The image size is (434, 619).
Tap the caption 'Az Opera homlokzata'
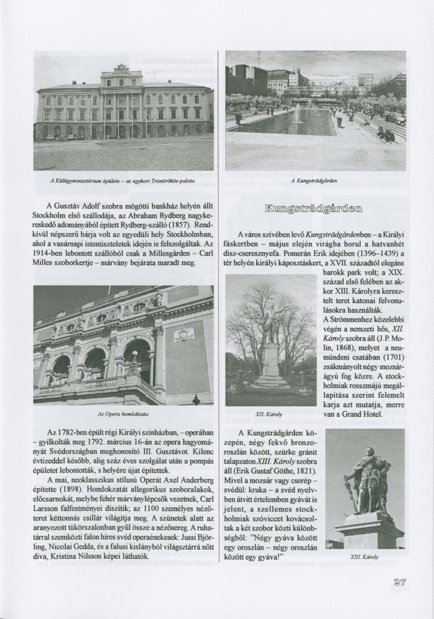(x=123, y=414)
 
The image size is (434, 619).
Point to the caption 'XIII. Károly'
(x=364, y=557)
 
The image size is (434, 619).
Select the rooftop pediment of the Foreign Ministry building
(x=122, y=68)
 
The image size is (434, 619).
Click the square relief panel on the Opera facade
(x=184, y=334)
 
